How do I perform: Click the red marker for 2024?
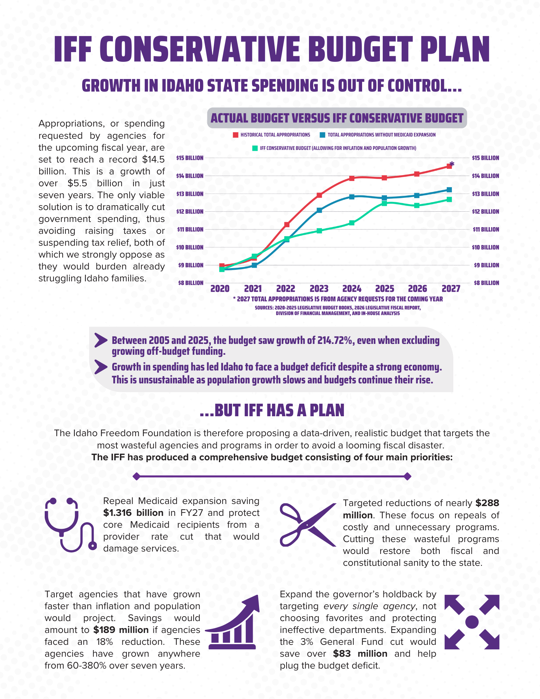[352, 178]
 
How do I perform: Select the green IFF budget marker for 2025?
[384, 203]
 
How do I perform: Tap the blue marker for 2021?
[254, 265]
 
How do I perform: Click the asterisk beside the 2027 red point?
[452, 164]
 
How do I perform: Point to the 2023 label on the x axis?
[319, 289]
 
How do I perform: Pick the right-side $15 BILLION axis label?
[485, 158]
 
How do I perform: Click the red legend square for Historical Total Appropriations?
[236, 135]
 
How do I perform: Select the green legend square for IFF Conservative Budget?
[255, 148]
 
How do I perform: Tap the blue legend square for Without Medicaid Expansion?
[323, 135]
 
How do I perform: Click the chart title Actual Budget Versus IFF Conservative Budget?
[337, 118]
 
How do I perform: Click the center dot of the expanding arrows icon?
[472, 622]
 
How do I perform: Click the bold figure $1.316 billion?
[133, 513]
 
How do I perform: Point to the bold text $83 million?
[360, 654]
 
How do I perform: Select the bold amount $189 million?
[121, 630]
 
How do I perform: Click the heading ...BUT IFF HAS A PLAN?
[272, 410]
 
